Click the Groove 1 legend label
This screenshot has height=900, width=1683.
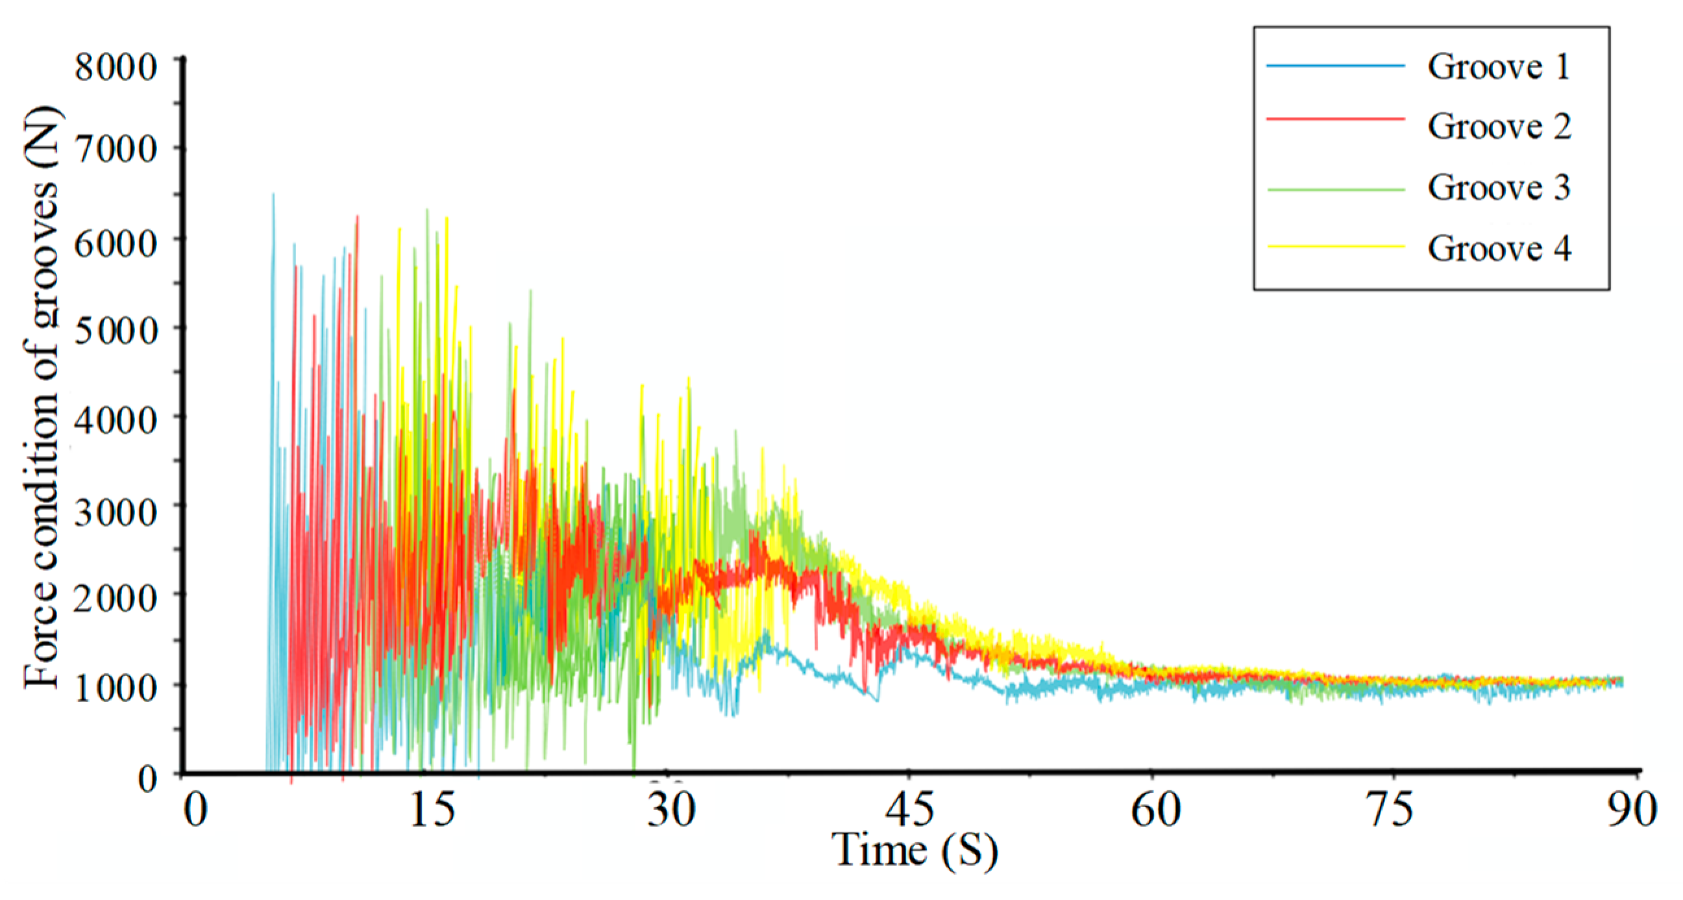tap(1499, 67)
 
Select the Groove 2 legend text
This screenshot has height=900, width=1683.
tap(1499, 127)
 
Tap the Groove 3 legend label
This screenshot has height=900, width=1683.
tap(1499, 188)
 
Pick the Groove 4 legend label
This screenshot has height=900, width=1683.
tap(1499, 248)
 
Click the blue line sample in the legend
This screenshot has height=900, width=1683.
tap(1334, 66)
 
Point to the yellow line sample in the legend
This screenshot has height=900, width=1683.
tap(1334, 246)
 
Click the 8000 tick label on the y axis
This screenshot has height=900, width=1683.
tap(116, 67)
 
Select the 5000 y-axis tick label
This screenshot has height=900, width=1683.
tap(116, 331)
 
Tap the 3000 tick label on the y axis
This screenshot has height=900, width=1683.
tap(116, 512)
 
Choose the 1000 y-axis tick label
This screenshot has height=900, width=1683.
tap(116, 688)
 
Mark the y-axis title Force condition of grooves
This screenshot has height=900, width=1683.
tap(41, 399)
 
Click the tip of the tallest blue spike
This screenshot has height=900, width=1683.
tap(273, 194)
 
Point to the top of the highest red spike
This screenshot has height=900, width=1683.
tap(358, 216)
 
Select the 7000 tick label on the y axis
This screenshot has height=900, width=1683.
tap(116, 149)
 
